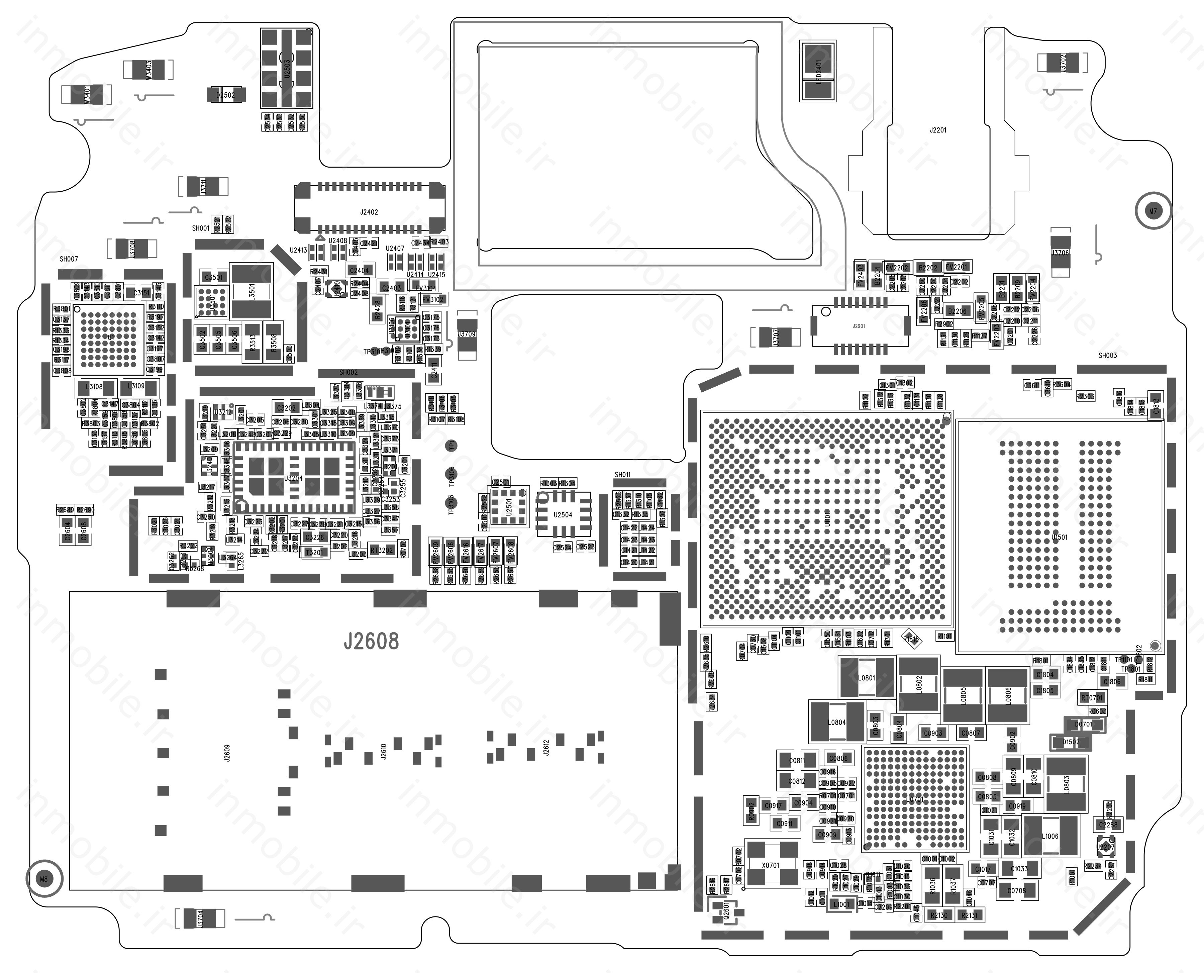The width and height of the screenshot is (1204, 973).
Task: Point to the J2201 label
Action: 938,130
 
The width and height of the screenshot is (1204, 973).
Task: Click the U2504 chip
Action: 563,514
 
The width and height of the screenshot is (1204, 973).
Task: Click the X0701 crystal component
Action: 771,865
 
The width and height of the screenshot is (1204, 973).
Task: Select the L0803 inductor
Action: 1066,784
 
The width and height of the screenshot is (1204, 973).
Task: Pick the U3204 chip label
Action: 293,478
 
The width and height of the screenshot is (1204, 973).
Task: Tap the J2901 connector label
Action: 859,326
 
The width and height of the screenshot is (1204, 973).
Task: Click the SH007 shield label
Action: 69,259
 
